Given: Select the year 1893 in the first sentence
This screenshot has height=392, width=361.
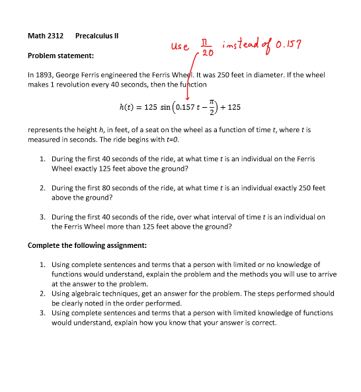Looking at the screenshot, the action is (47, 75).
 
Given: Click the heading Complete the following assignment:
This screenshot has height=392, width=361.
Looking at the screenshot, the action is (87, 245).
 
